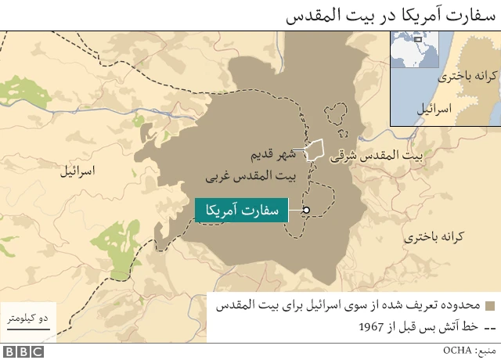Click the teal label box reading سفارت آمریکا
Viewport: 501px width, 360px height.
pyautogui.click(x=240, y=210)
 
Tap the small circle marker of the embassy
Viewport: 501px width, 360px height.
pyautogui.click(x=306, y=210)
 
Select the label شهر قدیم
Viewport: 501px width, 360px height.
pyautogui.click(x=271, y=152)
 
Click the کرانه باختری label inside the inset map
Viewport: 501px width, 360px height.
pyautogui.click(x=465, y=77)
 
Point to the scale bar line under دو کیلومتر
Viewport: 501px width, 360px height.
pyautogui.click(x=28, y=329)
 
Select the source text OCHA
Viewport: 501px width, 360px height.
pyautogui.click(x=457, y=350)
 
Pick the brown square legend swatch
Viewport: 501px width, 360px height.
pyautogui.click(x=490, y=305)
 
